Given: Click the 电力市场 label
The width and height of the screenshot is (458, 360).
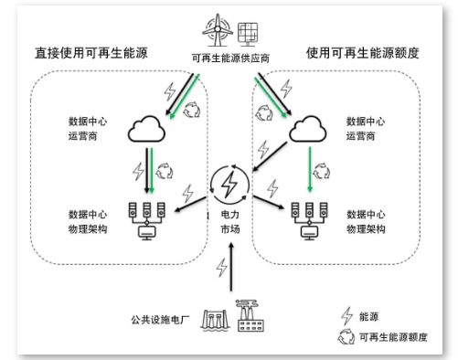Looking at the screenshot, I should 229,228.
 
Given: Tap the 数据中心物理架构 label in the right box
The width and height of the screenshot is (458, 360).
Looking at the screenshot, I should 367,219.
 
